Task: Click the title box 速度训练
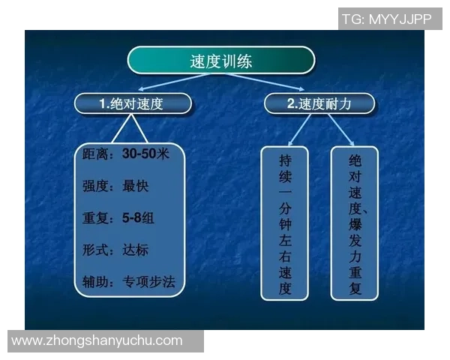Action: (x=220, y=61)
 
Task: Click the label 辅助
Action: (x=97, y=282)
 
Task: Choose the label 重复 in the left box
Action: (x=97, y=219)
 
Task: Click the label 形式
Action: (x=97, y=250)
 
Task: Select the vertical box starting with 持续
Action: (x=284, y=223)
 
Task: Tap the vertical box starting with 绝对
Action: (x=355, y=223)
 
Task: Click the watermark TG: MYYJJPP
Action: (x=387, y=19)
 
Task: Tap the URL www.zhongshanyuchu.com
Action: (x=97, y=340)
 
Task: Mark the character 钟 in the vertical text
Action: (x=284, y=223)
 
